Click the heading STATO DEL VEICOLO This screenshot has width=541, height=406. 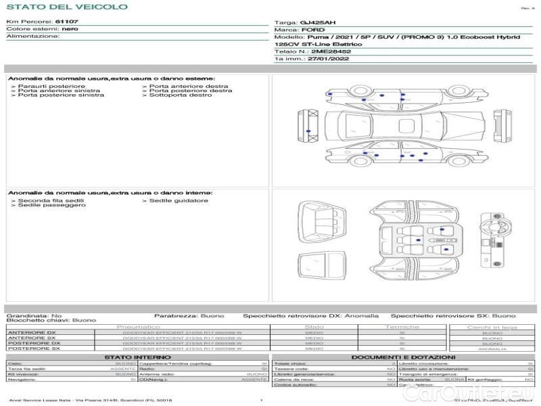pos(66,7)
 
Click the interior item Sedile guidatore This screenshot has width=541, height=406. pos(179,200)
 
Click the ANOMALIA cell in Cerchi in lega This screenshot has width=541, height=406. pos(492,348)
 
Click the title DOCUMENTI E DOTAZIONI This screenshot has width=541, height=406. pos(403,357)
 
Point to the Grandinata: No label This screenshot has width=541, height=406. pos(34,315)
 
